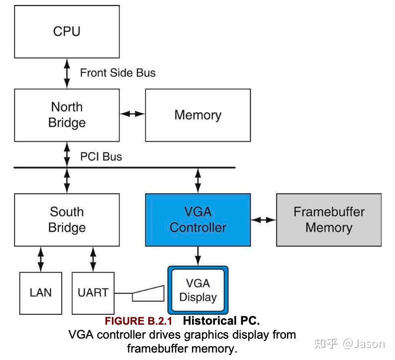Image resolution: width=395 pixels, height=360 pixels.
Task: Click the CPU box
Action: (x=67, y=32)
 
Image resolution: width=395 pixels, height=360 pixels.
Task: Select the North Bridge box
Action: (x=67, y=115)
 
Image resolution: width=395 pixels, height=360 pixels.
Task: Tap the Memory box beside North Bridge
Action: (x=197, y=115)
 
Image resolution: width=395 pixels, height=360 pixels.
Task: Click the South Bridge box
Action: (x=67, y=220)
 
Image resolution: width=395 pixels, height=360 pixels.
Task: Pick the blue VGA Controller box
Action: (x=197, y=220)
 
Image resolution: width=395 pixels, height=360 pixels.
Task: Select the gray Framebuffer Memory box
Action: (x=329, y=220)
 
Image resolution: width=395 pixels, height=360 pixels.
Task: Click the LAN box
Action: (x=40, y=293)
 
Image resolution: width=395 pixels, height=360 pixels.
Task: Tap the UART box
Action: (x=93, y=293)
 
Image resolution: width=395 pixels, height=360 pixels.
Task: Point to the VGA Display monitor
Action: (x=197, y=290)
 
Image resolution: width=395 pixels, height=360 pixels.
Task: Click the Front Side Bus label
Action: (x=118, y=73)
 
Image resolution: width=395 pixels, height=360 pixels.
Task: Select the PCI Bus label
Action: (x=101, y=157)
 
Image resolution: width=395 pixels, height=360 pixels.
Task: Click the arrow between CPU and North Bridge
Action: (x=67, y=74)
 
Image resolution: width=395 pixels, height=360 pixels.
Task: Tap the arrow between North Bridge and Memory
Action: (x=132, y=114)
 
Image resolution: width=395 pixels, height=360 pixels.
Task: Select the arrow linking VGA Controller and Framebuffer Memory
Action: (x=263, y=219)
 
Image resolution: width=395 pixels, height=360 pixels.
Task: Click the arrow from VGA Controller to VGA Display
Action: (x=198, y=256)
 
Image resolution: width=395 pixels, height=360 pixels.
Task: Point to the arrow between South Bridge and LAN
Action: (x=40, y=259)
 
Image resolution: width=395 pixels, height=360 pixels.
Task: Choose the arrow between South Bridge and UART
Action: (x=93, y=259)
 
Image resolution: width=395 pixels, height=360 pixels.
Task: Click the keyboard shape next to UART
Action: (x=148, y=294)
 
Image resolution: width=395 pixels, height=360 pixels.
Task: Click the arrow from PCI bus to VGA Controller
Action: (x=198, y=180)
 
